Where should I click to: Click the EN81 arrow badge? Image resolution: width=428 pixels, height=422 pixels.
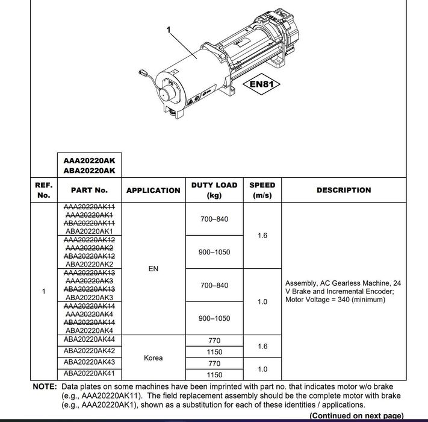(x=261, y=84)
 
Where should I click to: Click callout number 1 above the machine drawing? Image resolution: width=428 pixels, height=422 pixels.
(x=169, y=28)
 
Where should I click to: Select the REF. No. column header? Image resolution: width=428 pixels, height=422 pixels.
(x=43, y=190)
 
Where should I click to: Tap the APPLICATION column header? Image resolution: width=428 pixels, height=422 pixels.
(x=153, y=191)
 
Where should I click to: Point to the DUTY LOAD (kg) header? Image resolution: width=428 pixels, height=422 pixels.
(x=214, y=190)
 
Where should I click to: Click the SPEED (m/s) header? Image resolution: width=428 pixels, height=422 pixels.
(x=262, y=190)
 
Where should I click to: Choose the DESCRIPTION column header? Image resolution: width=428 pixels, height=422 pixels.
(x=344, y=190)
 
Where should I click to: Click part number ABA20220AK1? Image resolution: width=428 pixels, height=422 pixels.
(x=89, y=231)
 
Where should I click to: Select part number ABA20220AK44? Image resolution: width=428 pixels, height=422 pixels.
(x=89, y=340)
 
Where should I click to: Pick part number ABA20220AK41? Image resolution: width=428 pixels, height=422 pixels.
(x=89, y=374)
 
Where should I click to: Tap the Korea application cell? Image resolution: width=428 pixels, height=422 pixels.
(x=153, y=357)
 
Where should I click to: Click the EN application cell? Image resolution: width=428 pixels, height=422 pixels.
(x=153, y=269)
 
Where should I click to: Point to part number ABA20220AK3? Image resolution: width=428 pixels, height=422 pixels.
(x=89, y=297)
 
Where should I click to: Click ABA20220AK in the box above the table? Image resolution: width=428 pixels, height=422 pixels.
(x=89, y=171)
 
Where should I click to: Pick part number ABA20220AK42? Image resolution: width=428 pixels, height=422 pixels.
(x=89, y=351)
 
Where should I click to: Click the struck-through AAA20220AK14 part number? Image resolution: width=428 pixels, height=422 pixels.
(x=89, y=306)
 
